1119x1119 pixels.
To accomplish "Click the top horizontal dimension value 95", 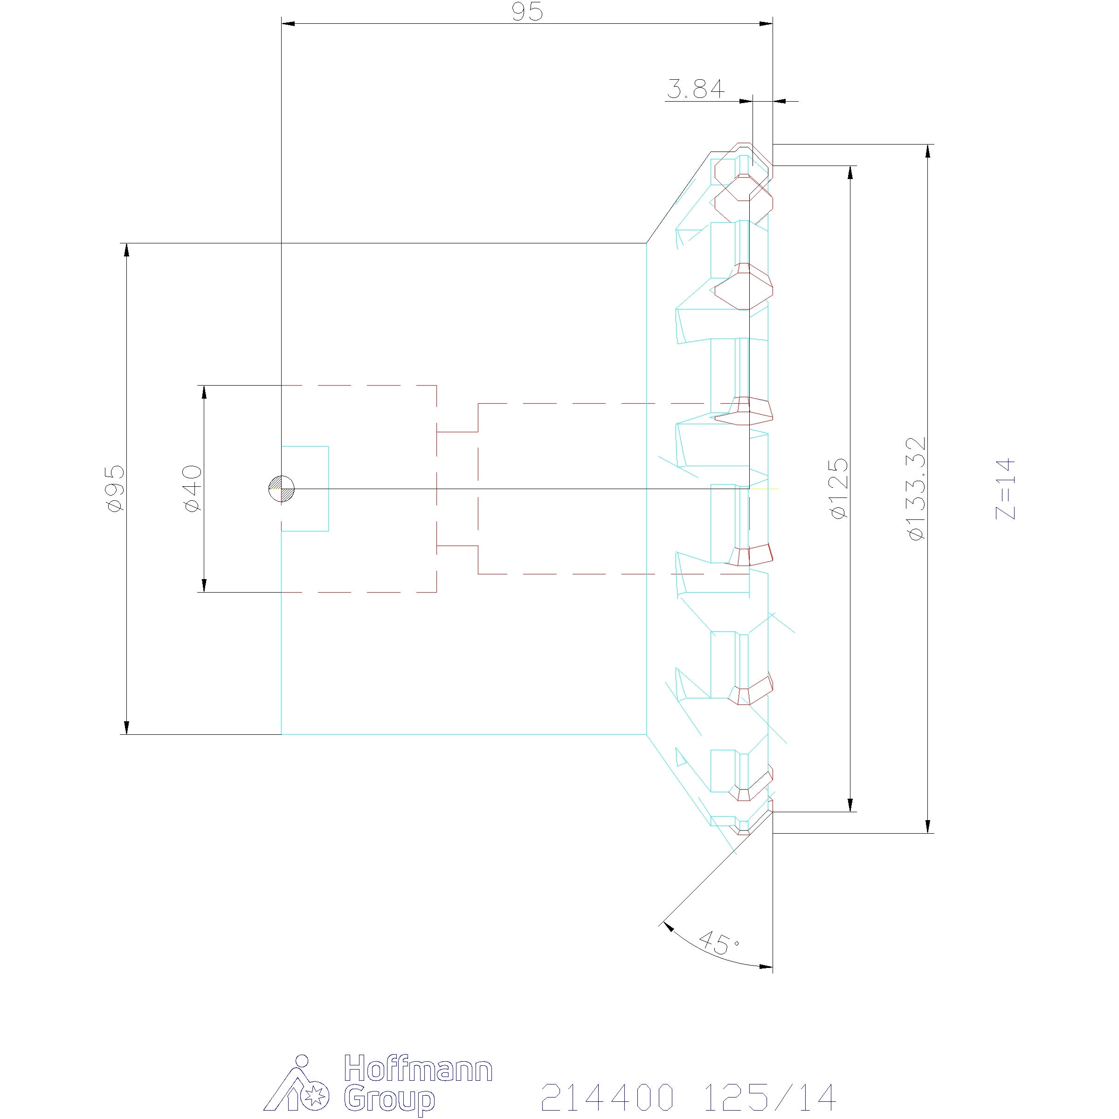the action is click(x=527, y=11).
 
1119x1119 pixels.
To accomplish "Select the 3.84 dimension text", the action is click(x=696, y=89).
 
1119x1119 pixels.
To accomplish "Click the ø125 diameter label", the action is click(x=839, y=488).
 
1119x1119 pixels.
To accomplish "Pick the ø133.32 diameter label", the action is click(x=917, y=488).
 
